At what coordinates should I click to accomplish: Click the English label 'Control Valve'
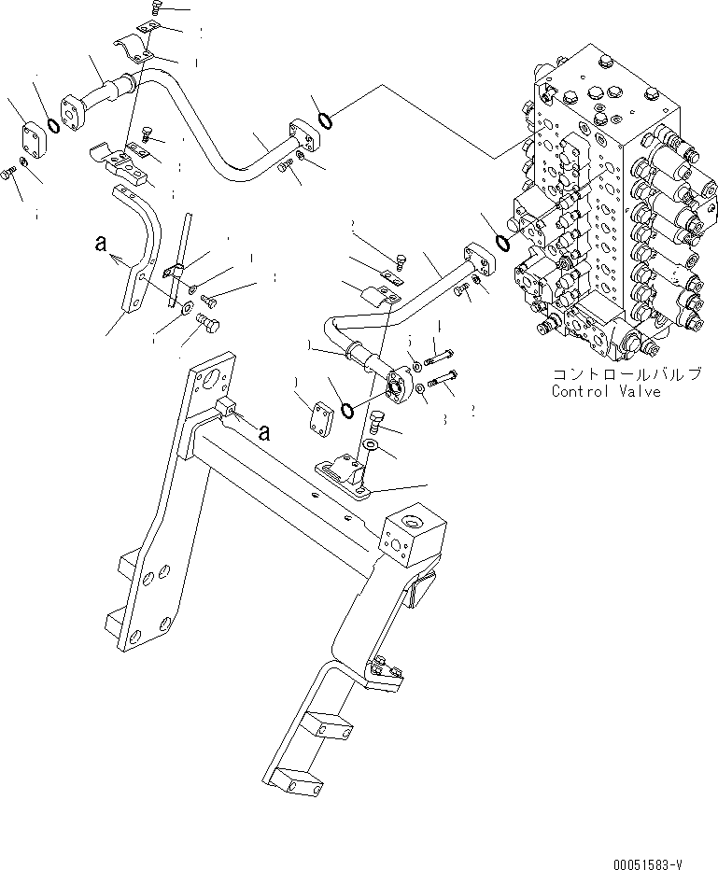[x=605, y=391]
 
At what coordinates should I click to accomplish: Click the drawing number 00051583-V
[x=664, y=860]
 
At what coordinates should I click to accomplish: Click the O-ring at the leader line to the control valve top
[x=323, y=119]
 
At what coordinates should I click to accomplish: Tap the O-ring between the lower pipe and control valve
[x=501, y=243]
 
